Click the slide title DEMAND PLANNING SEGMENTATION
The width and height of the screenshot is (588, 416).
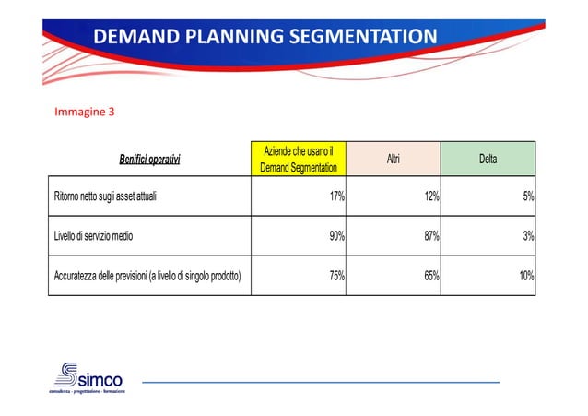[265, 37]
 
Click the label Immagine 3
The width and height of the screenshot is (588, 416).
[85, 113]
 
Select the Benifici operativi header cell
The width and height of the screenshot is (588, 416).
[150, 160]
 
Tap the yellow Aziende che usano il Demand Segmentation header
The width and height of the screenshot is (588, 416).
[299, 159]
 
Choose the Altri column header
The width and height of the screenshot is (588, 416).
[394, 159]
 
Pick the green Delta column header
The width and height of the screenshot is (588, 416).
[488, 159]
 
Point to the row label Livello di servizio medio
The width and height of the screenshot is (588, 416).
[93, 235]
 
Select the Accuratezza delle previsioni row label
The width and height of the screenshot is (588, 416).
[147, 275]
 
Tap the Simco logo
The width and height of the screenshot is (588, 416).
[87, 377]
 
